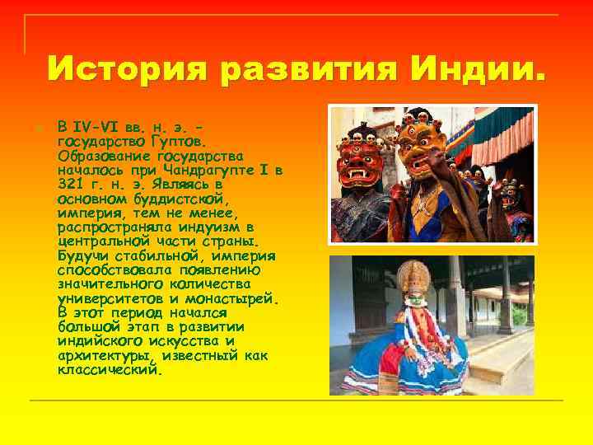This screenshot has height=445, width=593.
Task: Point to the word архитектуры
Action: (x=106, y=356)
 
